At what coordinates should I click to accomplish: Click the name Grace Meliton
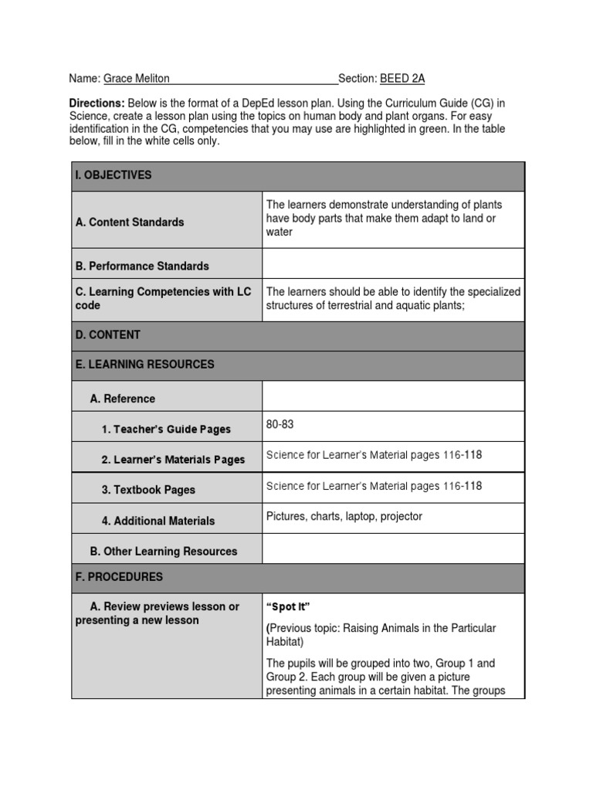point(137,79)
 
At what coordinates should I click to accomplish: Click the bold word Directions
point(97,104)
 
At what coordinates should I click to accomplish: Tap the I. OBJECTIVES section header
point(114,175)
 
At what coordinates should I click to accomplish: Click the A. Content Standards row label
point(130,222)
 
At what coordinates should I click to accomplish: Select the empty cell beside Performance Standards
point(393,265)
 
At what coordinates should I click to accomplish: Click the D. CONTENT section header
point(108,335)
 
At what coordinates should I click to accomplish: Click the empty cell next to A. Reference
point(393,398)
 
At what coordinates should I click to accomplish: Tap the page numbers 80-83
point(280,425)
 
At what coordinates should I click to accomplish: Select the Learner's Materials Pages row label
point(173,460)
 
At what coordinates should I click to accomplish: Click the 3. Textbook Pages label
point(148,490)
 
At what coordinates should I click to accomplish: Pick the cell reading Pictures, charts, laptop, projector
point(344,517)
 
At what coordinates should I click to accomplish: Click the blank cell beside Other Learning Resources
point(393,550)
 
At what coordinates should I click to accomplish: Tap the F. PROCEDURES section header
point(119,577)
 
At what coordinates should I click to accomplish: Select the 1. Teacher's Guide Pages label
point(166,429)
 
